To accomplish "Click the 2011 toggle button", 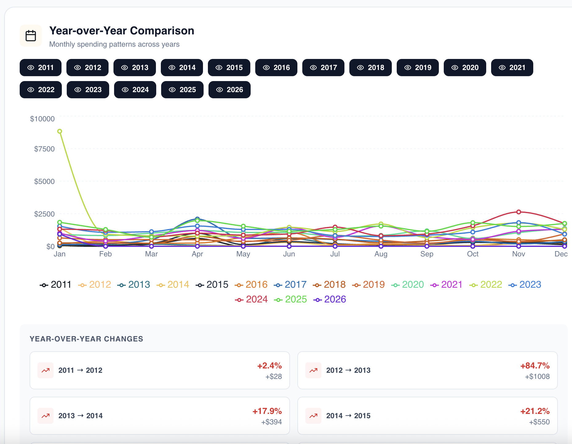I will click(41, 68).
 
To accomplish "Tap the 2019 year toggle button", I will click(418, 68).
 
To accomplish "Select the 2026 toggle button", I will click(229, 90).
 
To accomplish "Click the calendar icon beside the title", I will click(31, 36).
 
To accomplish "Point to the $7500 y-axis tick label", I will click(44, 149).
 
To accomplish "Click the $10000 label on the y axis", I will click(42, 119).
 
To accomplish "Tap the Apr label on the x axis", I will click(197, 254).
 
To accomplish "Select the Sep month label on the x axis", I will click(427, 254).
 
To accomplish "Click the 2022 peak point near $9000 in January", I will click(60, 131).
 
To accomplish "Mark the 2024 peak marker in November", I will click(518, 212).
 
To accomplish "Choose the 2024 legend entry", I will click(251, 299).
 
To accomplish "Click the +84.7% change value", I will click(535, 366).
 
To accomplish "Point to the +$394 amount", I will click(272, 422).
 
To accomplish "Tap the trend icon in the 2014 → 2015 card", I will click(313, 416).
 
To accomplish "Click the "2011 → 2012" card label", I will click(80, 370).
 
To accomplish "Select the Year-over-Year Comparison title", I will click(122, 31).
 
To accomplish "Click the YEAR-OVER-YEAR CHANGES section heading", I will click(86, 339).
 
